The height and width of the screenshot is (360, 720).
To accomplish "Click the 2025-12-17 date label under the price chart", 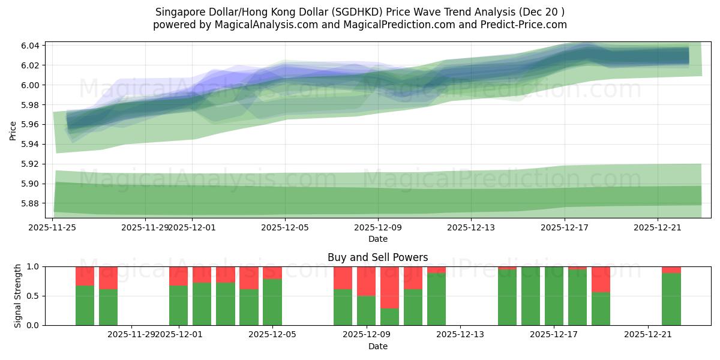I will (564, 227).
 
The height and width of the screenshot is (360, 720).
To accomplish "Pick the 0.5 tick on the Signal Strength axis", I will (34, 296).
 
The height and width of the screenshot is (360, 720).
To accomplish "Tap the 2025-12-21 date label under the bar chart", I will (648, 334).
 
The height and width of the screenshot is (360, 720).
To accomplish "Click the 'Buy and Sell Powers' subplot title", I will (377, 257).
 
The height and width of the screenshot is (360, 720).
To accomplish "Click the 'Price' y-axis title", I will (13, 130).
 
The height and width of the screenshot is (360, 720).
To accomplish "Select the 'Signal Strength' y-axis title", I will (18, 295).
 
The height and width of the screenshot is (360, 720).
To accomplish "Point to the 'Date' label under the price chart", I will (377, 239).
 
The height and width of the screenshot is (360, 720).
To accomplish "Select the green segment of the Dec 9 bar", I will (367, 310).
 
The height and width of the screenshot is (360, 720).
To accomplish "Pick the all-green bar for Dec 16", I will (530, 296).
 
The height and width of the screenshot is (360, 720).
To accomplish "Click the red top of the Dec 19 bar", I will (601, 279).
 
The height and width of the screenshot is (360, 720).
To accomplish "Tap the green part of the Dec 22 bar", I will (671, 299).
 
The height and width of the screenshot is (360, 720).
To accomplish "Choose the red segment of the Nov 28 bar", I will (109, 278).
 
